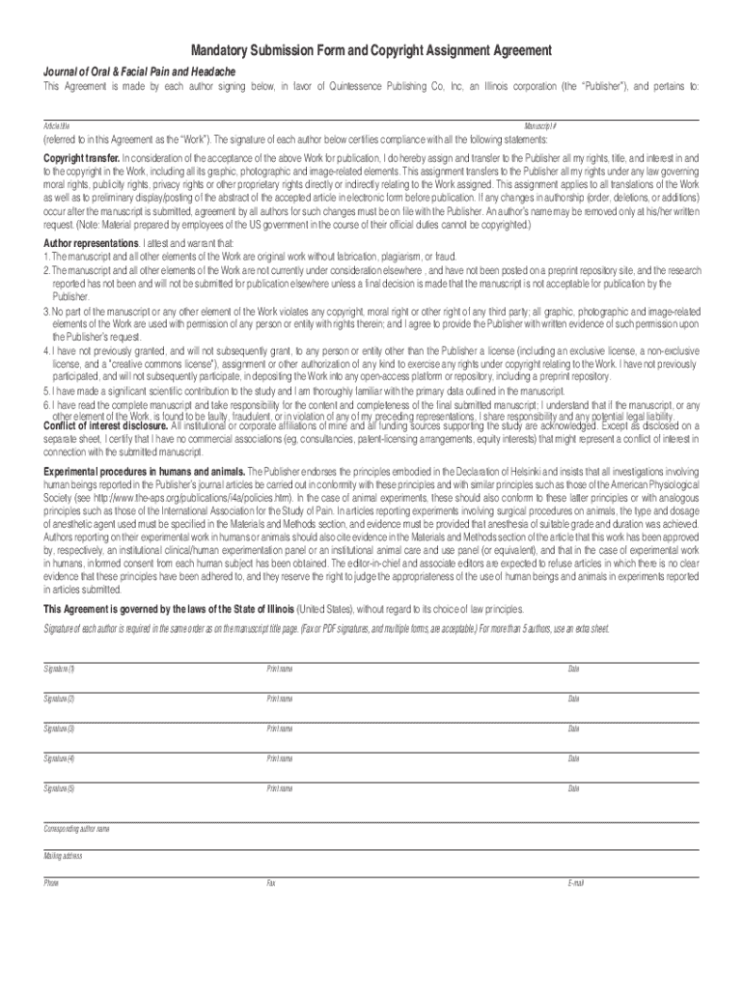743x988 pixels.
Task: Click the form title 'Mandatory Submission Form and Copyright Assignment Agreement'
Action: point(371,49)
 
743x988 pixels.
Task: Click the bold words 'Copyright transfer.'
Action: point(81,157)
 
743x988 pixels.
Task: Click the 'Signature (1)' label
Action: point(59,669)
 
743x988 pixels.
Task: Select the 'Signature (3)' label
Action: point(59,728)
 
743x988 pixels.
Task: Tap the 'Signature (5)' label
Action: point(59,789)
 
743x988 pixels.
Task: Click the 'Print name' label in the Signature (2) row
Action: point(280,699)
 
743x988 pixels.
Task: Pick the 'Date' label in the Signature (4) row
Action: point(573,759)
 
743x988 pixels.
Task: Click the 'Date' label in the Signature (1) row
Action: point(573,669)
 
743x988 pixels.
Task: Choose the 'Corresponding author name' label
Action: point(76,829)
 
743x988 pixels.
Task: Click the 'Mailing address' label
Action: point(63,856)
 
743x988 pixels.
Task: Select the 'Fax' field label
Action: point(271,883)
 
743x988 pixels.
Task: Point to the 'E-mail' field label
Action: point(576,883)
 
